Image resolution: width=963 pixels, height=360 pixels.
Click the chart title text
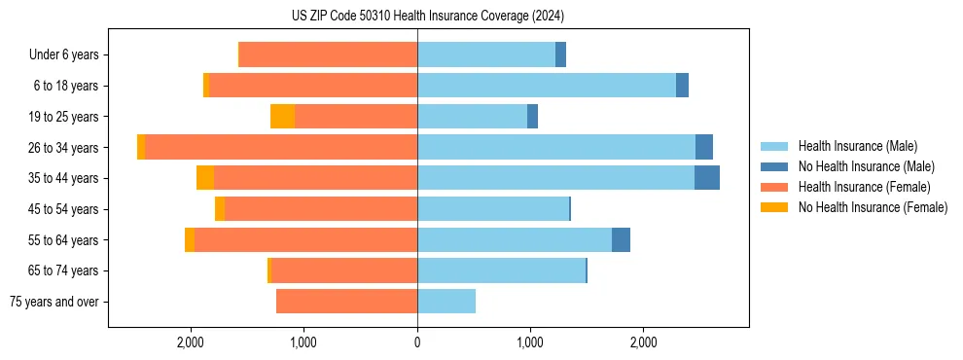click(x=428, y=17)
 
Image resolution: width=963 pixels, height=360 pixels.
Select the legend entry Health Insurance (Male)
click(x=857, y=146)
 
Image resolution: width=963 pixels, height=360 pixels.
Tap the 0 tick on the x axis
click(x=417, y=342)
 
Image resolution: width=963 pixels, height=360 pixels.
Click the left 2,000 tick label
click(x=190, y=342)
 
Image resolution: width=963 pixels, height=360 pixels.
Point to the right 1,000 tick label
click(x=530, y=342)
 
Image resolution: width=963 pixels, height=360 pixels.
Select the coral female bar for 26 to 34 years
click(x=281, y=147)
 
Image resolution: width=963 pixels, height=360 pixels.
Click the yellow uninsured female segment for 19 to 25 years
click(x=282, y=117)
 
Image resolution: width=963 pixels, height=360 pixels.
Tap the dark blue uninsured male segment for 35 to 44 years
click(x=707, y=178)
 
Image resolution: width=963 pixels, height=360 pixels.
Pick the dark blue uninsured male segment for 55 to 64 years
click(x=621, y=239)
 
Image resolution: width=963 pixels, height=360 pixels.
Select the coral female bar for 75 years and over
click(x=346, y=302)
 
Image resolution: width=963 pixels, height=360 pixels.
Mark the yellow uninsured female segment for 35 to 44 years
click(x=205, y=178)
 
